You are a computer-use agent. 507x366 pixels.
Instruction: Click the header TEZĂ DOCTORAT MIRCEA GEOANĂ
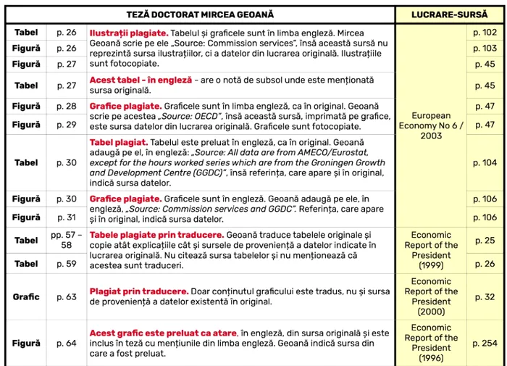[x=200, y=14]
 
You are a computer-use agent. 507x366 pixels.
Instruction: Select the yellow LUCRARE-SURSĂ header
[x=449, y=14]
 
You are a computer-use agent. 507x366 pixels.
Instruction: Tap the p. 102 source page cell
[x=485, y=33]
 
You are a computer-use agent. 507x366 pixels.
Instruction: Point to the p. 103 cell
[x=485, y=49]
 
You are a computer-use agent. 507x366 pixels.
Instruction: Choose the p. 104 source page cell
[x=485, y=163]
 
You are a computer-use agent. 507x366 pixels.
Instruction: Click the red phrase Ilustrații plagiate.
[x=129, y=33]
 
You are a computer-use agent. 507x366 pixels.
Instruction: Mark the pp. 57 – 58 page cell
[x=66, y=240]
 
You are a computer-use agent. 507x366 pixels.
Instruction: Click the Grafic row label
[x=27, y=296]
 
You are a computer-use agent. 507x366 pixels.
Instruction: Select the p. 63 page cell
[x=66, y=296]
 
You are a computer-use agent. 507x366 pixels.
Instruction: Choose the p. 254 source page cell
[x=485, y=343]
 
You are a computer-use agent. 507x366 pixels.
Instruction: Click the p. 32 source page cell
[x=485, y=296]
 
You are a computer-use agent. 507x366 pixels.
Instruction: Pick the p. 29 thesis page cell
[x=66, y=125]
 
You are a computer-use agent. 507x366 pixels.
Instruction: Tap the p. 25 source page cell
[x=485, y=240]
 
